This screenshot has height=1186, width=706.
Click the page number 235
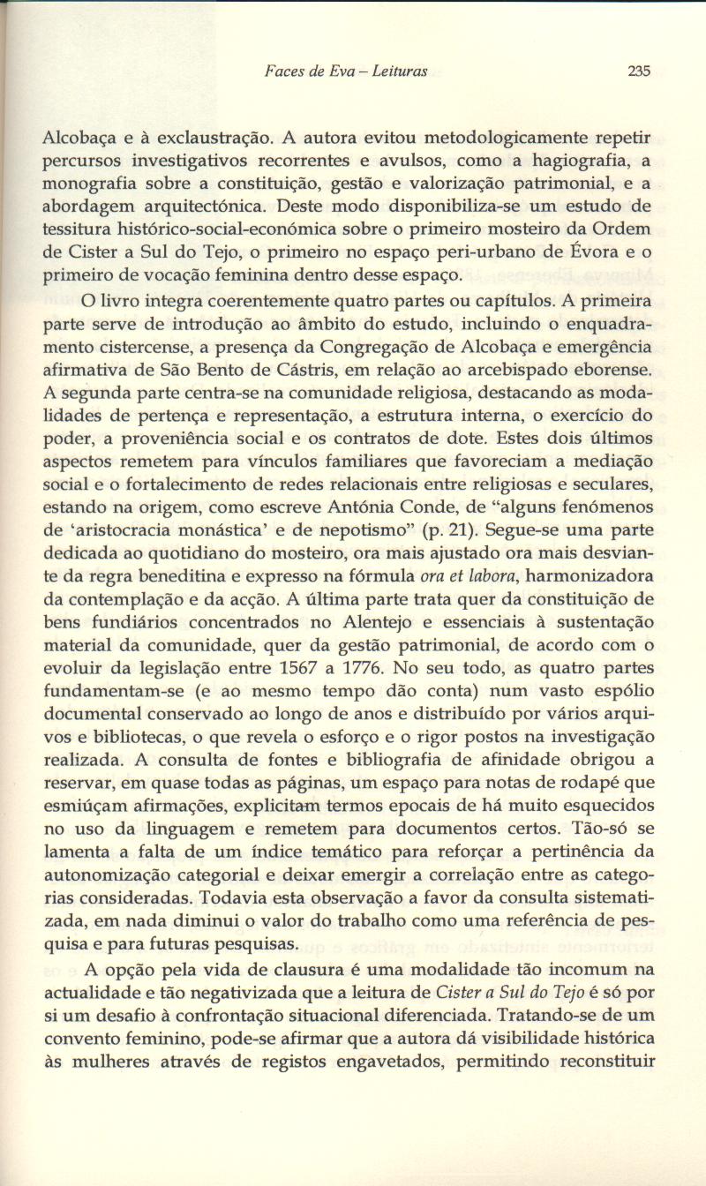click(x=638, y=71)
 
